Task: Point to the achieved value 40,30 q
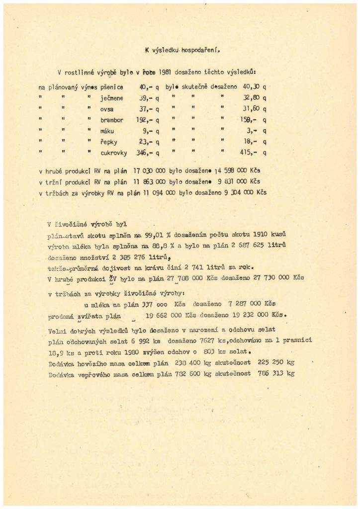(x=252, y=87)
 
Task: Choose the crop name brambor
(x=112, y=120)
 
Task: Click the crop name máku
(x=108, y=131)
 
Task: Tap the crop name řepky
(x=108, y=142)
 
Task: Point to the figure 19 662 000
(x=163, y=315)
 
